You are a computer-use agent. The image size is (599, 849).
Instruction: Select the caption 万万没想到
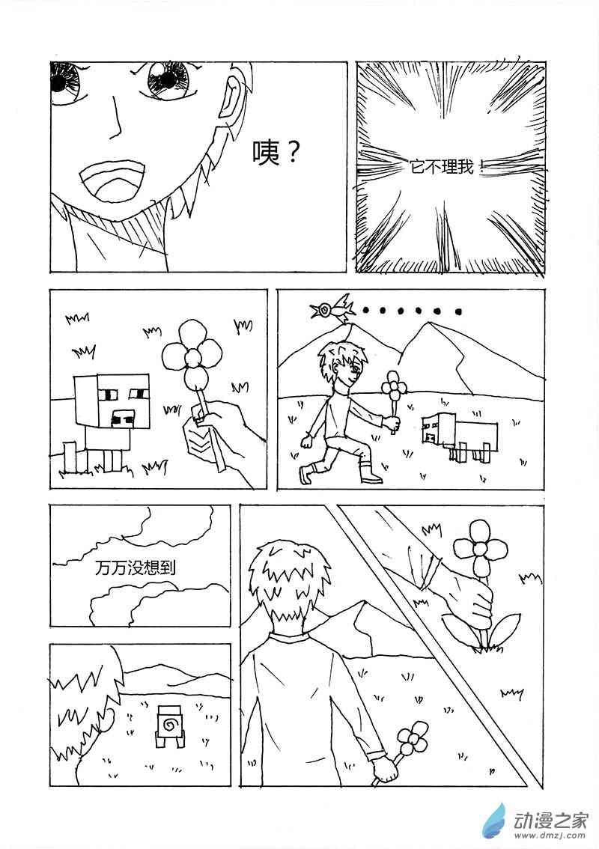click(x=136, y=568)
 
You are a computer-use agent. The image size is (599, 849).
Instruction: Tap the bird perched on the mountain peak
click(x=331, y=308)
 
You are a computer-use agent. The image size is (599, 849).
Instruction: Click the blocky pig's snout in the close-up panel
click(x=123, y=417)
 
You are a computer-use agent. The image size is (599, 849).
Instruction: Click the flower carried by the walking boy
click(x=392, y=390)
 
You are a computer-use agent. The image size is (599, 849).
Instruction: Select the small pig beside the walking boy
click(x=458, y=434)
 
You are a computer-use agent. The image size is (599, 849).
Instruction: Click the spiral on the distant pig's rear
click(x=168, y=722)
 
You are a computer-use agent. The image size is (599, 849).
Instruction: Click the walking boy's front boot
click(x=371, y=472)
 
